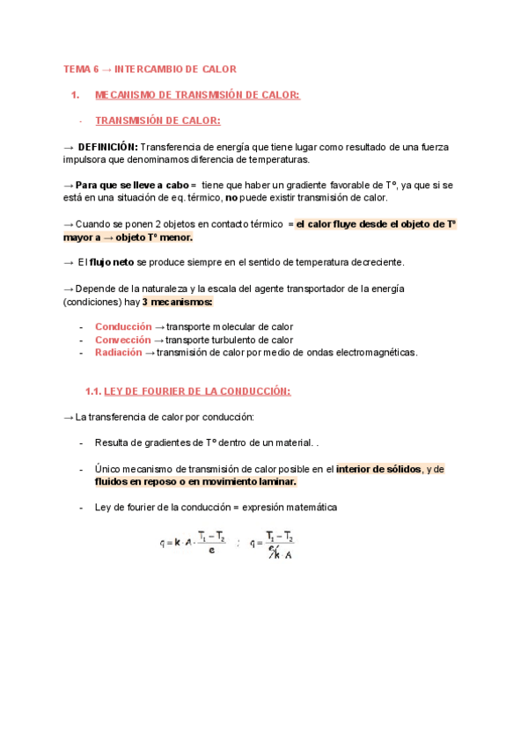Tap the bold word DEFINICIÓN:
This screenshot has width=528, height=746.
[x=107, y=147]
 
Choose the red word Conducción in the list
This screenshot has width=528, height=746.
[x=123, y=326]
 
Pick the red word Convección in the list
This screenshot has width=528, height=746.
[x=123, y=340]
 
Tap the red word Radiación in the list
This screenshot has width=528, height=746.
[x=118, y=353]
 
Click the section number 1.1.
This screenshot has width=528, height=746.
[x=92, y=391]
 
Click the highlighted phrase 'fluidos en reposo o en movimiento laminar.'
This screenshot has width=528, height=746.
[x=195, y=482]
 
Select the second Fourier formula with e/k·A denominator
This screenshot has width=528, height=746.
[x=272, y=544]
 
